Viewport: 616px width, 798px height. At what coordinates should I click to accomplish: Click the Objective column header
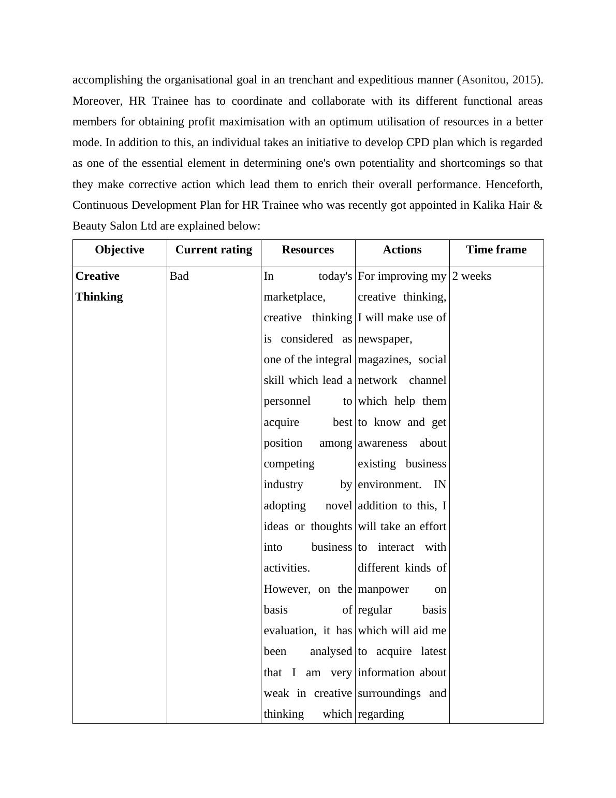(x=120, y=250)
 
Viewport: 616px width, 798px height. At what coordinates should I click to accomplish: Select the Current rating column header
(x=213, y=250)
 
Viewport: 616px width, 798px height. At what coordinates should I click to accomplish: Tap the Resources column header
(x=307, y=250)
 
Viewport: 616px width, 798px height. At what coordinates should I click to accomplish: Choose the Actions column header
(x=402, y=250)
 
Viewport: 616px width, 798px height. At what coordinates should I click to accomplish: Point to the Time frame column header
(x=496, y=250)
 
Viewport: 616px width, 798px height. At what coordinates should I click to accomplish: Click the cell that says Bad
(x=179, y=276)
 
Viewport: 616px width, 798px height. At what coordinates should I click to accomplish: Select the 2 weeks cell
(x=472, y=276)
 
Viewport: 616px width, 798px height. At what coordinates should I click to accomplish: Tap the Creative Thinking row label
(x=99, y=287)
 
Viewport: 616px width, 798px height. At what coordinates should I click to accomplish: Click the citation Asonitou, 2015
(x=498, y=80)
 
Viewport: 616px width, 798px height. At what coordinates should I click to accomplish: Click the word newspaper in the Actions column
(x=385, y=339)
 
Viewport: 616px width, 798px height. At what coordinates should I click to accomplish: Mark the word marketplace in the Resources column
(x=294, y=297)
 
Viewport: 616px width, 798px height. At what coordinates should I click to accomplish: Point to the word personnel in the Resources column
(x=287, y=401)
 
